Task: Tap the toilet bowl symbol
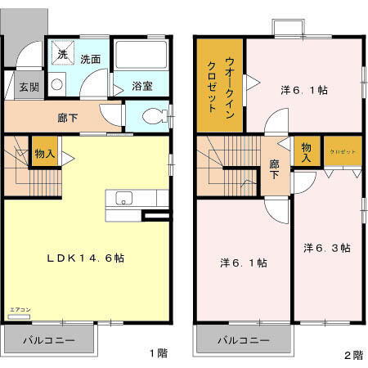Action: [x=153, y=117]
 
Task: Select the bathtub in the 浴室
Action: [x=141, y=56]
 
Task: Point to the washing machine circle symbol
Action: [x=57, y=83]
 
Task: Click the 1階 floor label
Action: [x=158, y=353]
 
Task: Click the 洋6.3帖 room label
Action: [x=328, y=247]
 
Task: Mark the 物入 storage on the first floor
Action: [x=44, y=153]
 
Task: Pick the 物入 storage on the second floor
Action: [x=307, y=152]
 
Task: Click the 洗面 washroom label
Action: [x=91, y=59]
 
